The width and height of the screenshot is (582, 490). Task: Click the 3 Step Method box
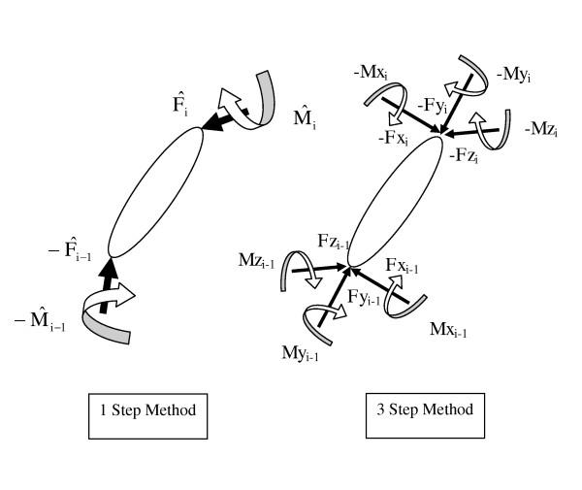click(x=425, y=409)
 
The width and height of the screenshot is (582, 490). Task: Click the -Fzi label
click(x=465, y=154)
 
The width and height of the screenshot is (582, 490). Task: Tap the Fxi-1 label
click(x=403, y=266)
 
